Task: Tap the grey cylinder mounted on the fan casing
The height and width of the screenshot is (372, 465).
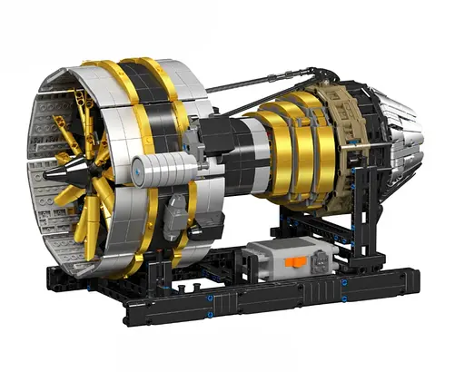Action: pos(150,169)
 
